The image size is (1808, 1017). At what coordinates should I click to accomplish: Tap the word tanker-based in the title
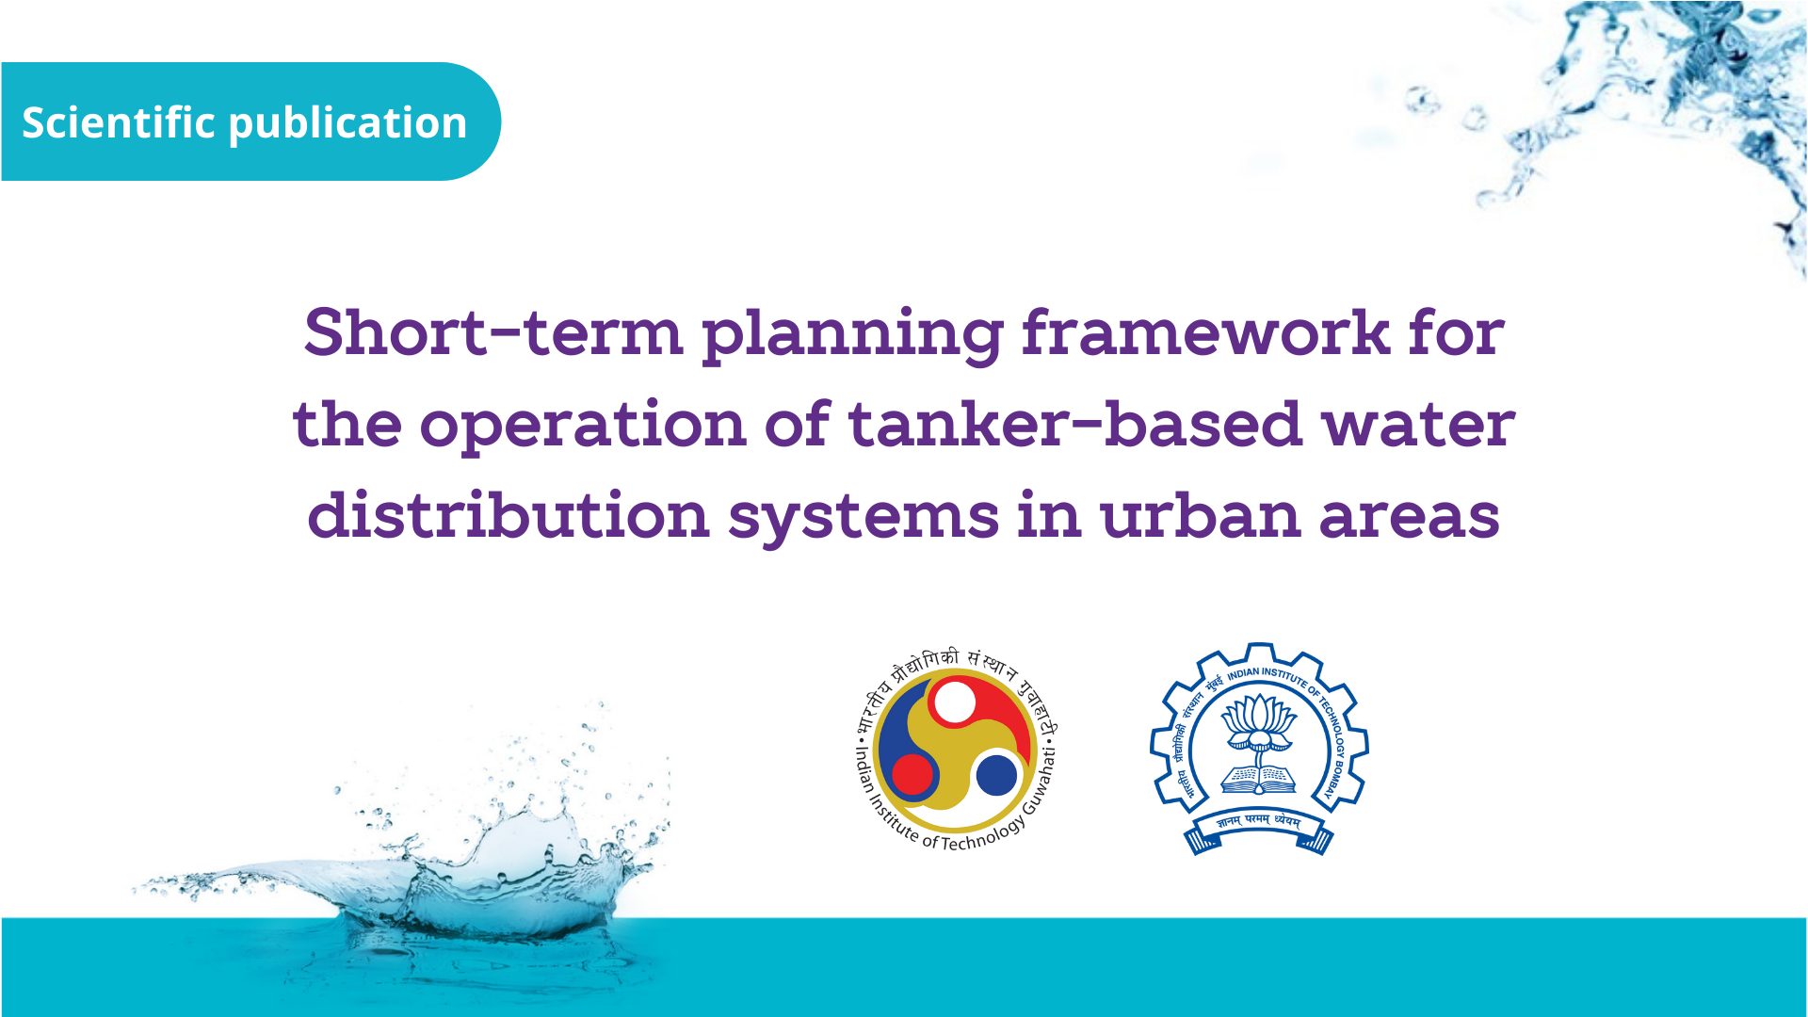click(x=1075, y=424)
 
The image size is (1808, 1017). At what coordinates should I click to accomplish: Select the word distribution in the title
click(x=508, y=514)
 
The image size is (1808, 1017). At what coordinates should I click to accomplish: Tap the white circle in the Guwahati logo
click(x=955, y=702)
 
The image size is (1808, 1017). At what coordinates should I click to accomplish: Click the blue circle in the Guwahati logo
click(x=996, y=775)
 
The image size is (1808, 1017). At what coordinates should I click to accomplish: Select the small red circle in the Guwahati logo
click(x=912, y=774)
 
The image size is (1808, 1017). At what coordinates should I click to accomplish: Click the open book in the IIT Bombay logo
click(x=1259, y=779)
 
